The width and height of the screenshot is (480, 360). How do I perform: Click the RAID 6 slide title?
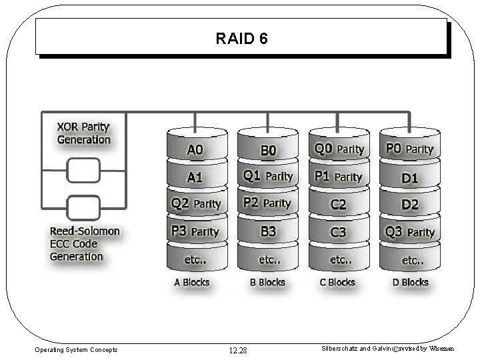point(241,39)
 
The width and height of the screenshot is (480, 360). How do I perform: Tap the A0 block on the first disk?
point(195,150)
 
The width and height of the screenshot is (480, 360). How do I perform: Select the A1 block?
point(195,177)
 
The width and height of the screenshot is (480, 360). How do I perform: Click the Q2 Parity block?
point(195,203)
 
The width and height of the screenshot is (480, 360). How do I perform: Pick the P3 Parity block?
point(195,231)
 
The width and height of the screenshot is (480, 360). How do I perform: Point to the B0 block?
point(267,151)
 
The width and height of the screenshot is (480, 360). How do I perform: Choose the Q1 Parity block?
point(267,176)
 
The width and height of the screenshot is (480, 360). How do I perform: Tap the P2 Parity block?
point(267,203)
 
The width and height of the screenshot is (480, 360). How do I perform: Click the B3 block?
point(267,231)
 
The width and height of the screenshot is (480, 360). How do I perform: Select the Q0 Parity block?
point(339,149)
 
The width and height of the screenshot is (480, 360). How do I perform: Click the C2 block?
point(339,204)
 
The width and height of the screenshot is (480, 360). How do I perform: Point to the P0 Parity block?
point(409,149)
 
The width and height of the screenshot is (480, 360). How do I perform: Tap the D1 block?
point(409,177)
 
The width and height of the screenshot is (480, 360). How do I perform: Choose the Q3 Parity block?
point(409,232)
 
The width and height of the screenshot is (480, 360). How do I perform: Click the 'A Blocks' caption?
point(192,282)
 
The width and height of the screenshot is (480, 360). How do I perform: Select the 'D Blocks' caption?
point(410,282)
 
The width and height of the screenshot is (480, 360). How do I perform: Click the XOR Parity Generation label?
point(83,133)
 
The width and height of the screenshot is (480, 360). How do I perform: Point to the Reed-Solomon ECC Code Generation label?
point(85,244)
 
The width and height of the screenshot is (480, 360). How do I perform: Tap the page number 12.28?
point(237,350)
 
